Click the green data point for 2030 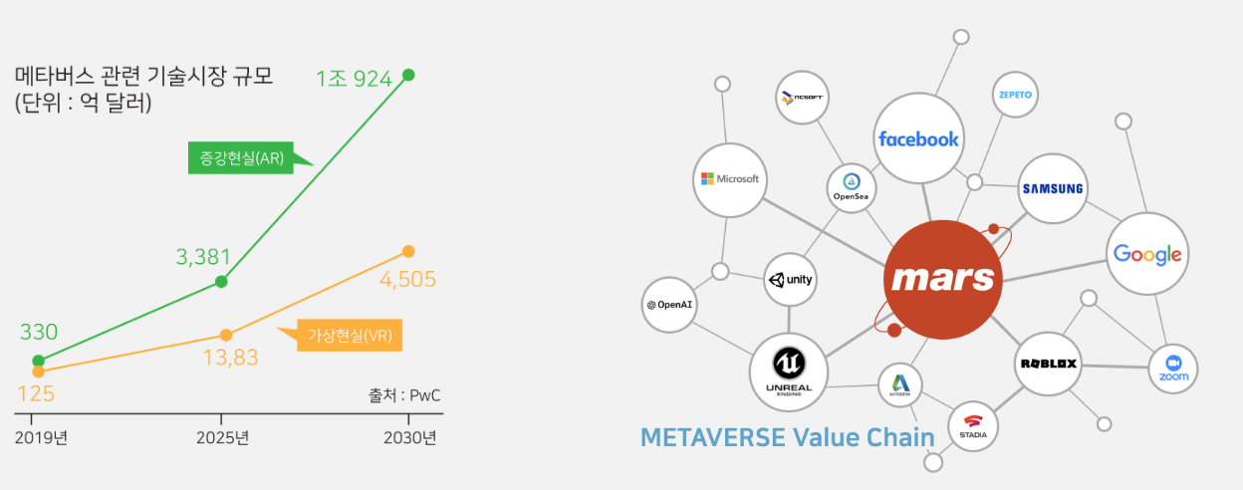[x=407, y=75]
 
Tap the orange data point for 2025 [x=226, y=335]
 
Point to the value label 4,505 [x=408, y=279]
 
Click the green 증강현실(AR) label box [x=242, y=158]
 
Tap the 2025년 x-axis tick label [x=221, y=437]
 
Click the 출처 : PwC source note [x=403, y=395]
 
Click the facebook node [x=917, y=138]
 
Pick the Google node [x=1147, y=254]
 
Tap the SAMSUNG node [x=1052, y=188]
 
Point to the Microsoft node [x=730, y=179]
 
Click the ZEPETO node [x=1015, y=96]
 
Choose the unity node [x=790, y=280]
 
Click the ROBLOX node [x=1048, y=364]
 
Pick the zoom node [x=1173, y=369]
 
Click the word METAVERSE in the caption [x=710, y=437]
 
